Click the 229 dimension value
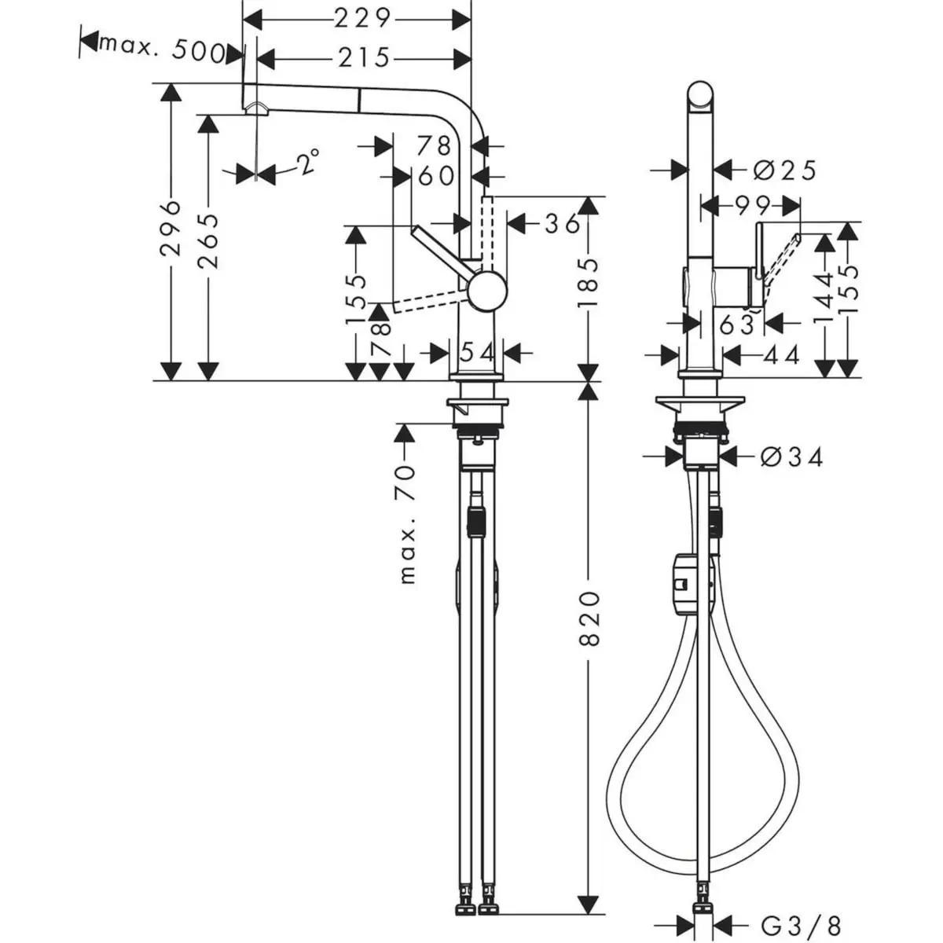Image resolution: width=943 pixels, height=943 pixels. (x=362, y=20)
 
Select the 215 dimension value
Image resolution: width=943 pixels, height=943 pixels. (x=364, y=58)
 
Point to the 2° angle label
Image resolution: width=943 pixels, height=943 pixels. (x=309, y=162)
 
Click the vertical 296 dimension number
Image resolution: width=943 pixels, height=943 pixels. (x=171, y=228)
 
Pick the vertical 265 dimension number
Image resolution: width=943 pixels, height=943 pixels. (x=208, y=240)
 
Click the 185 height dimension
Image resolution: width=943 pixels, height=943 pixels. (x=589, y=284)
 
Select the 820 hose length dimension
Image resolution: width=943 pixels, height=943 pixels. (x=589, y=619)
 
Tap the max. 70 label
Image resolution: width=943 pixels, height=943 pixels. (x=406, y=524)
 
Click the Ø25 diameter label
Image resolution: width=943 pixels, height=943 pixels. (x=785, y=171)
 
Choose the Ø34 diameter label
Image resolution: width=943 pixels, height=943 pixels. (x=792, y=457)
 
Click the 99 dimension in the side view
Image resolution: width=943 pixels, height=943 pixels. (x=753, y=206)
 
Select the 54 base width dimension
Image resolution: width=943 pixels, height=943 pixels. (x=476, y=352)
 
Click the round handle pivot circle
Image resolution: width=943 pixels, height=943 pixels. (x=487, y=291)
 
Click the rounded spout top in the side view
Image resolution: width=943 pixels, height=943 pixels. (x=701, y=94)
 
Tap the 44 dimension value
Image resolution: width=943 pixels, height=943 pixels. (x=783, y=354)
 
